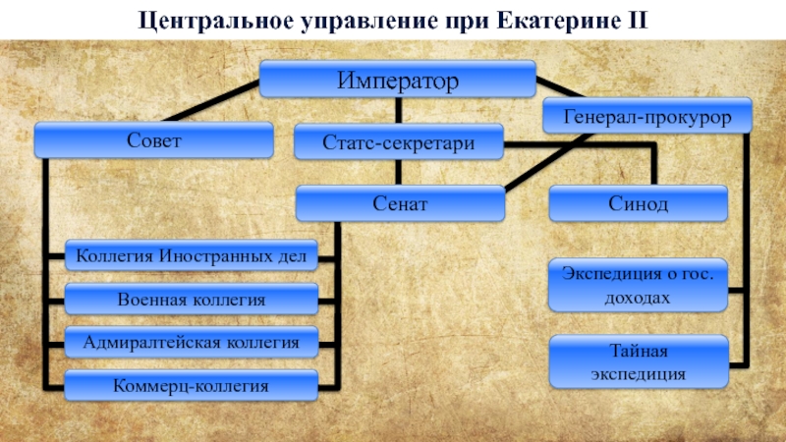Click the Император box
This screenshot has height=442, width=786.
pyautogui.click(x=398, y=80)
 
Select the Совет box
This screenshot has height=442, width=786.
pyautogui.click(x=154, y=139)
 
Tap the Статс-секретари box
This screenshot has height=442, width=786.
pyautogui.click(x=399, y=142)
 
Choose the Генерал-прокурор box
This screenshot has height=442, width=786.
pyautogui.click(x=647, y=116)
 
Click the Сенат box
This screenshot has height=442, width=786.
pyautogui.click(x=400, y=203)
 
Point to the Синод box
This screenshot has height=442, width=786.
pyautogui.click(x=638, y=203)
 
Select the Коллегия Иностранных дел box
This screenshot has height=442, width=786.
pyautogui.click(x=192, y=255)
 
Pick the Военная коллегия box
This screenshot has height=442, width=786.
pyautogui.click(x=192, y=300)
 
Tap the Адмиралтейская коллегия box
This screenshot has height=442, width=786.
pyautogui.click(x=192, y=342)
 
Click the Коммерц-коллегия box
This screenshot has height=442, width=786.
pyautogui.click(x=192, y=386)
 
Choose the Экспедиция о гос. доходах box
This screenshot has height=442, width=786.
pyautogui.click(x=638, y=285)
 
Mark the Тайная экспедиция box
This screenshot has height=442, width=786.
pyautogui.click(x=639, y=361)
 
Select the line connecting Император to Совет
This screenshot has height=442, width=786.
pyautogui.click(x=211, y=102)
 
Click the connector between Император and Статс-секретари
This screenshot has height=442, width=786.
pyautogui.click(x=399, y=111)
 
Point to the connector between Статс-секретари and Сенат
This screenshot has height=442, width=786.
pyautogui.click(x=399, y=173)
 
